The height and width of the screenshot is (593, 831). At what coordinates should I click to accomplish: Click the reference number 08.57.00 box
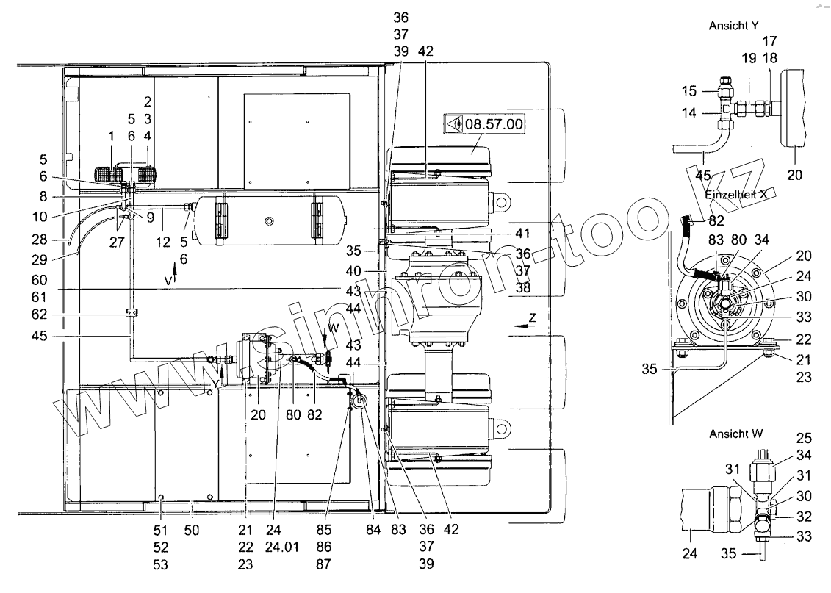click(483, 124)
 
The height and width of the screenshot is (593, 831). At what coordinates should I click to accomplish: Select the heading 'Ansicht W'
click(738, 434)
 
